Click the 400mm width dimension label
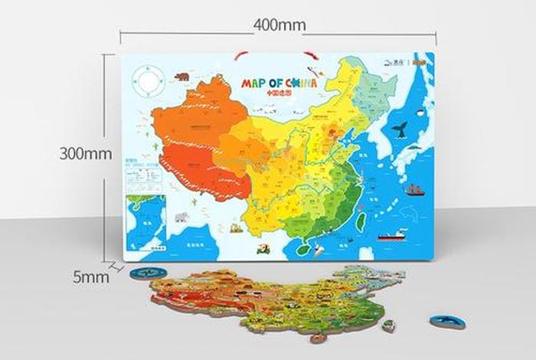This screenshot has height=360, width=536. pyautogui.click(x=279, y=25)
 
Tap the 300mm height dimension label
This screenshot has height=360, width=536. pyautogui.click(x=87, y=153)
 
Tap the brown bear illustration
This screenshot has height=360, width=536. pyautogui.click(x=182, y=77)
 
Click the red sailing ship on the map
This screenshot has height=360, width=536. pyautogui.click(x=414, y=189)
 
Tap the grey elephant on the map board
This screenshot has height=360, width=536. pyautogui.click(x=181, y=217)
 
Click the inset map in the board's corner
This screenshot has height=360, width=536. pyautogui.click(x=145, y=223)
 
